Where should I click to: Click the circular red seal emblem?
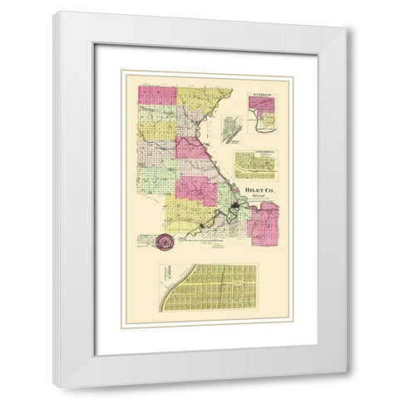pos(165,244)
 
